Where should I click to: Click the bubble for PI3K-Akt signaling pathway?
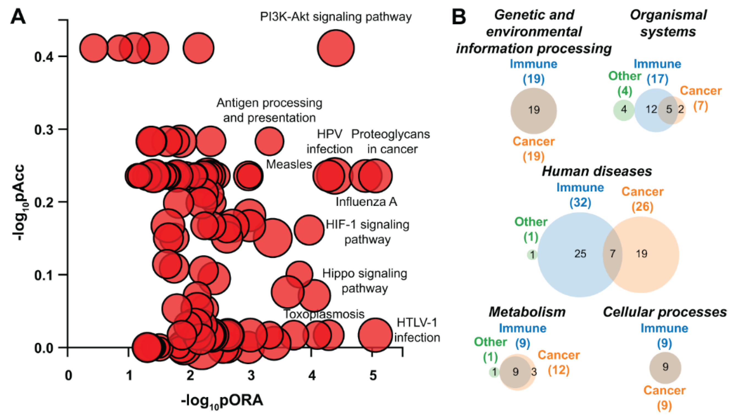[x=336, y=48]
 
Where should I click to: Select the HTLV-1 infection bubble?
[x=375, y=335]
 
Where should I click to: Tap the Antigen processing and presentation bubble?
[x=269, y=141]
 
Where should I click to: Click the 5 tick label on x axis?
[x=373, y=376]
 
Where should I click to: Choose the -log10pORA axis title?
[x=222, y=401]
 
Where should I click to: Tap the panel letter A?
[x=18, y=17]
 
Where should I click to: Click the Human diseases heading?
[x=597, y=171]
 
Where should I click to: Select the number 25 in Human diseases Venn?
[x=580, y=254]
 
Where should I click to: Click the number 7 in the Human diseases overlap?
[x=612, y=254]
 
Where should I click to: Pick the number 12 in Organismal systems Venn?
[x=651, y=109]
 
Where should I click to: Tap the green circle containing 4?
[x=624, y=109]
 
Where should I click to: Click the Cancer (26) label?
[x=642, y=199]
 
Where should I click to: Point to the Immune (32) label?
[x=580, y=195]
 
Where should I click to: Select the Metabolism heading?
[x=527, y=312]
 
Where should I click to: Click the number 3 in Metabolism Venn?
[x=534, y=372]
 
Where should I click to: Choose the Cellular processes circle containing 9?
[x=665, y=367]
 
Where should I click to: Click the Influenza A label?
[x=366, y=202]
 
